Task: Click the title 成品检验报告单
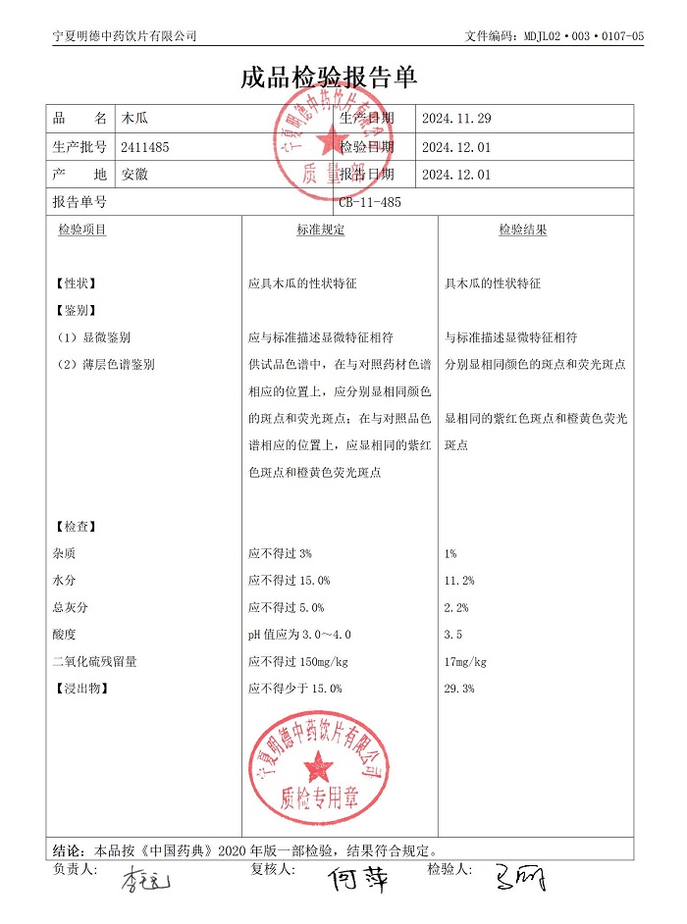pyautogui.click(x=329, y=79)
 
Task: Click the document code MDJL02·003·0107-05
pyautogui.click(x=555, y=36)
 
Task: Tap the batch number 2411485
pyautogui.click(x=145, y=147)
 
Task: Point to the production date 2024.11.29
pyautogui.click(x=455, y=119)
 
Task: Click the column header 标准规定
pyautogui.click(x=321, y=230)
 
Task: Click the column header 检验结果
pyautogui.click(x=522, y=230)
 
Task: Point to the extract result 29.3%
pyautogui.click(x=459, y=689)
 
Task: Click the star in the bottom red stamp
pyautogui.click(x=317, y=764)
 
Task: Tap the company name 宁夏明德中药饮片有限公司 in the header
pyautogui.click(x=124, y=36)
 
